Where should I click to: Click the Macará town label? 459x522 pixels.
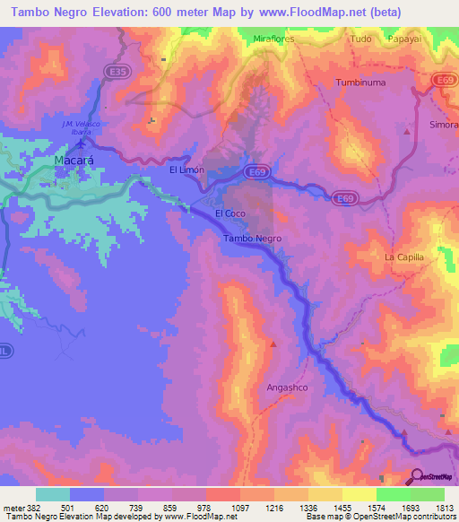[74, 161]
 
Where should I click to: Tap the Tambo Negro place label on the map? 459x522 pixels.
[252, 239]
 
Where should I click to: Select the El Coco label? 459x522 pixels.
[230, 213]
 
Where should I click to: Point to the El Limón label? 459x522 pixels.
[186, 170]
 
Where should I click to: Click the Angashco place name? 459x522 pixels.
[287, 387]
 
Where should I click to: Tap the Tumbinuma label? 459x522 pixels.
[359, 83]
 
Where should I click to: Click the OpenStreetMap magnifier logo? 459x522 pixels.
[416, 476]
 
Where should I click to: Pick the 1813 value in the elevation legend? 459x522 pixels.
[441, 507]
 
